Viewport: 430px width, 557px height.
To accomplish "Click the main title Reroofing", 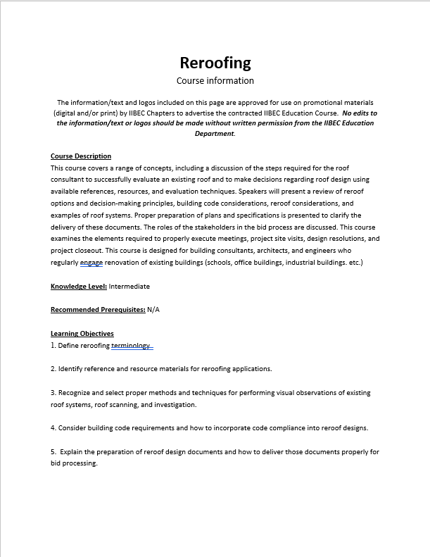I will (x=215, y=63).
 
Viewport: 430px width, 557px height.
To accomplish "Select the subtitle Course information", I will (x=215, y=81).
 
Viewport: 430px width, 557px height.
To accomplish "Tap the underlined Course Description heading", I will (x=81, y=156).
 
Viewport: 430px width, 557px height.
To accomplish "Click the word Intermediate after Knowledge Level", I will (x=129, y=287).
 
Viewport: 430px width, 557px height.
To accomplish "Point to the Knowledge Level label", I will (x=79, y=287).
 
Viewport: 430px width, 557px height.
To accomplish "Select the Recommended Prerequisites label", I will (x=98, y=310).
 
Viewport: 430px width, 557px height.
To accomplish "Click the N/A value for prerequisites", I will (x=153, y=310).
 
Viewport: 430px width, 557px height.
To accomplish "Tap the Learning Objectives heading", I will (x=82, y=334).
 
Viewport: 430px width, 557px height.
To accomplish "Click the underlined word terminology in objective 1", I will (x=131, y=346).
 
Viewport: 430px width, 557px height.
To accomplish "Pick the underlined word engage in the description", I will (x=91, y=263).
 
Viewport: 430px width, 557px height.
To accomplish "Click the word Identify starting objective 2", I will (x=72, y=369).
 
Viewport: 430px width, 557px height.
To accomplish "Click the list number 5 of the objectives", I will (x=53, y=452).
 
